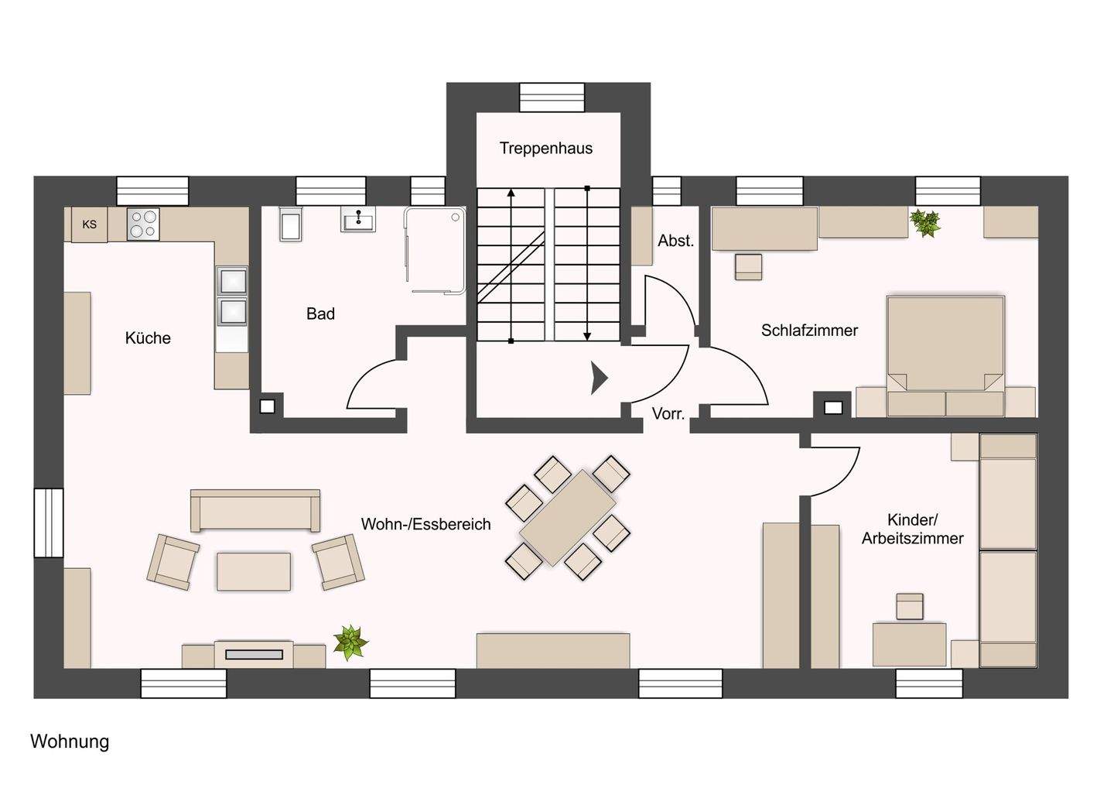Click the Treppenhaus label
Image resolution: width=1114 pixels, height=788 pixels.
(x=545, y=148)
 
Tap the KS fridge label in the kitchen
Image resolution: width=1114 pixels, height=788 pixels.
(x=90, y=224)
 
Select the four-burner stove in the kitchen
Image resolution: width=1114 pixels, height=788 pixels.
(x=143, y=224)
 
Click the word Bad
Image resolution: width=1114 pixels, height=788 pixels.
(x=320, y=313)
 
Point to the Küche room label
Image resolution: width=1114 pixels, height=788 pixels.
(x=148, y=337)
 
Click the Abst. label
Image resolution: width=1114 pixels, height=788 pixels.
(x=675, y=241)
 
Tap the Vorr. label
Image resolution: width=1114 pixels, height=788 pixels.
(x=668, y=413)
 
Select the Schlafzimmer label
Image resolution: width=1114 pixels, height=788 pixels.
(x=809, y=331)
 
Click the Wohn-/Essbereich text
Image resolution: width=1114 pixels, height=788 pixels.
(x=425, y=524)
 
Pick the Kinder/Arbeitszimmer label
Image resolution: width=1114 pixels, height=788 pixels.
(x=913, y=529)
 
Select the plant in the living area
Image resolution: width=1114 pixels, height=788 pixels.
(x=350, y=642)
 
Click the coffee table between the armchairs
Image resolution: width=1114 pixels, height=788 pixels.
(x=254, y=571)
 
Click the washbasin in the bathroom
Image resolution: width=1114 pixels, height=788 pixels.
(x=358, y=220)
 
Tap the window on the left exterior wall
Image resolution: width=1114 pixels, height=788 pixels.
(x=49, y=522)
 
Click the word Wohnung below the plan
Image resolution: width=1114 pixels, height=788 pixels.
(x=70, y=742)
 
